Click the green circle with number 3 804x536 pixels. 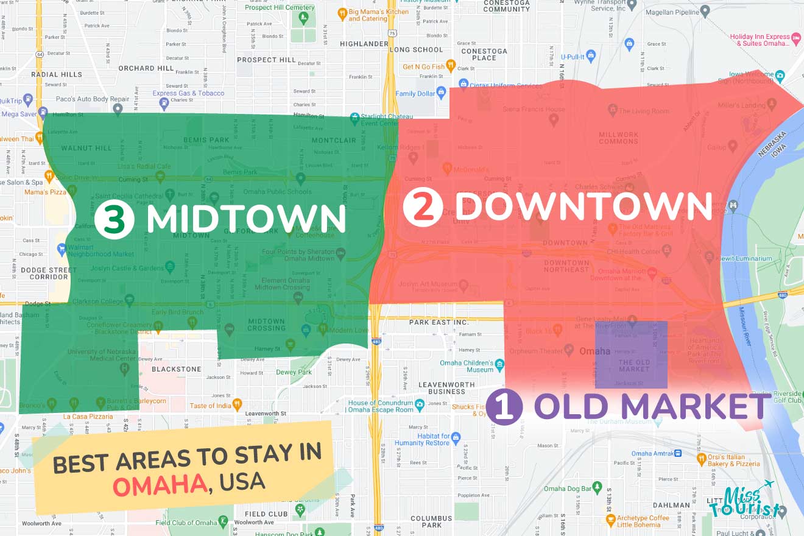pos(114,219)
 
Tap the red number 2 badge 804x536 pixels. pos(423,208)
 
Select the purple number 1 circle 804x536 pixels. pos(504,407)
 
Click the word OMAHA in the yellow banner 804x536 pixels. pos(160,485)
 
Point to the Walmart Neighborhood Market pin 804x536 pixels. pos(62,249)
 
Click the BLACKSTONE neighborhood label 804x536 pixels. pos(176,369)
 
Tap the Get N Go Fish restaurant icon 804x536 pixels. pos(450,65)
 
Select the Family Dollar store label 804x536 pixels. pos(415,94)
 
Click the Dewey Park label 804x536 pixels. pos(294,372)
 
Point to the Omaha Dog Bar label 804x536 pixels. pos(568,488)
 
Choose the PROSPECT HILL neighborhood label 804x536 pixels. pos(266,60)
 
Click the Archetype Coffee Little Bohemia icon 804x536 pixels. pos(611,520)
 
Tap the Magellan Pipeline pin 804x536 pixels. pos(705,10)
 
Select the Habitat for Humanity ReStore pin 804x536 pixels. pos(456,437)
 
